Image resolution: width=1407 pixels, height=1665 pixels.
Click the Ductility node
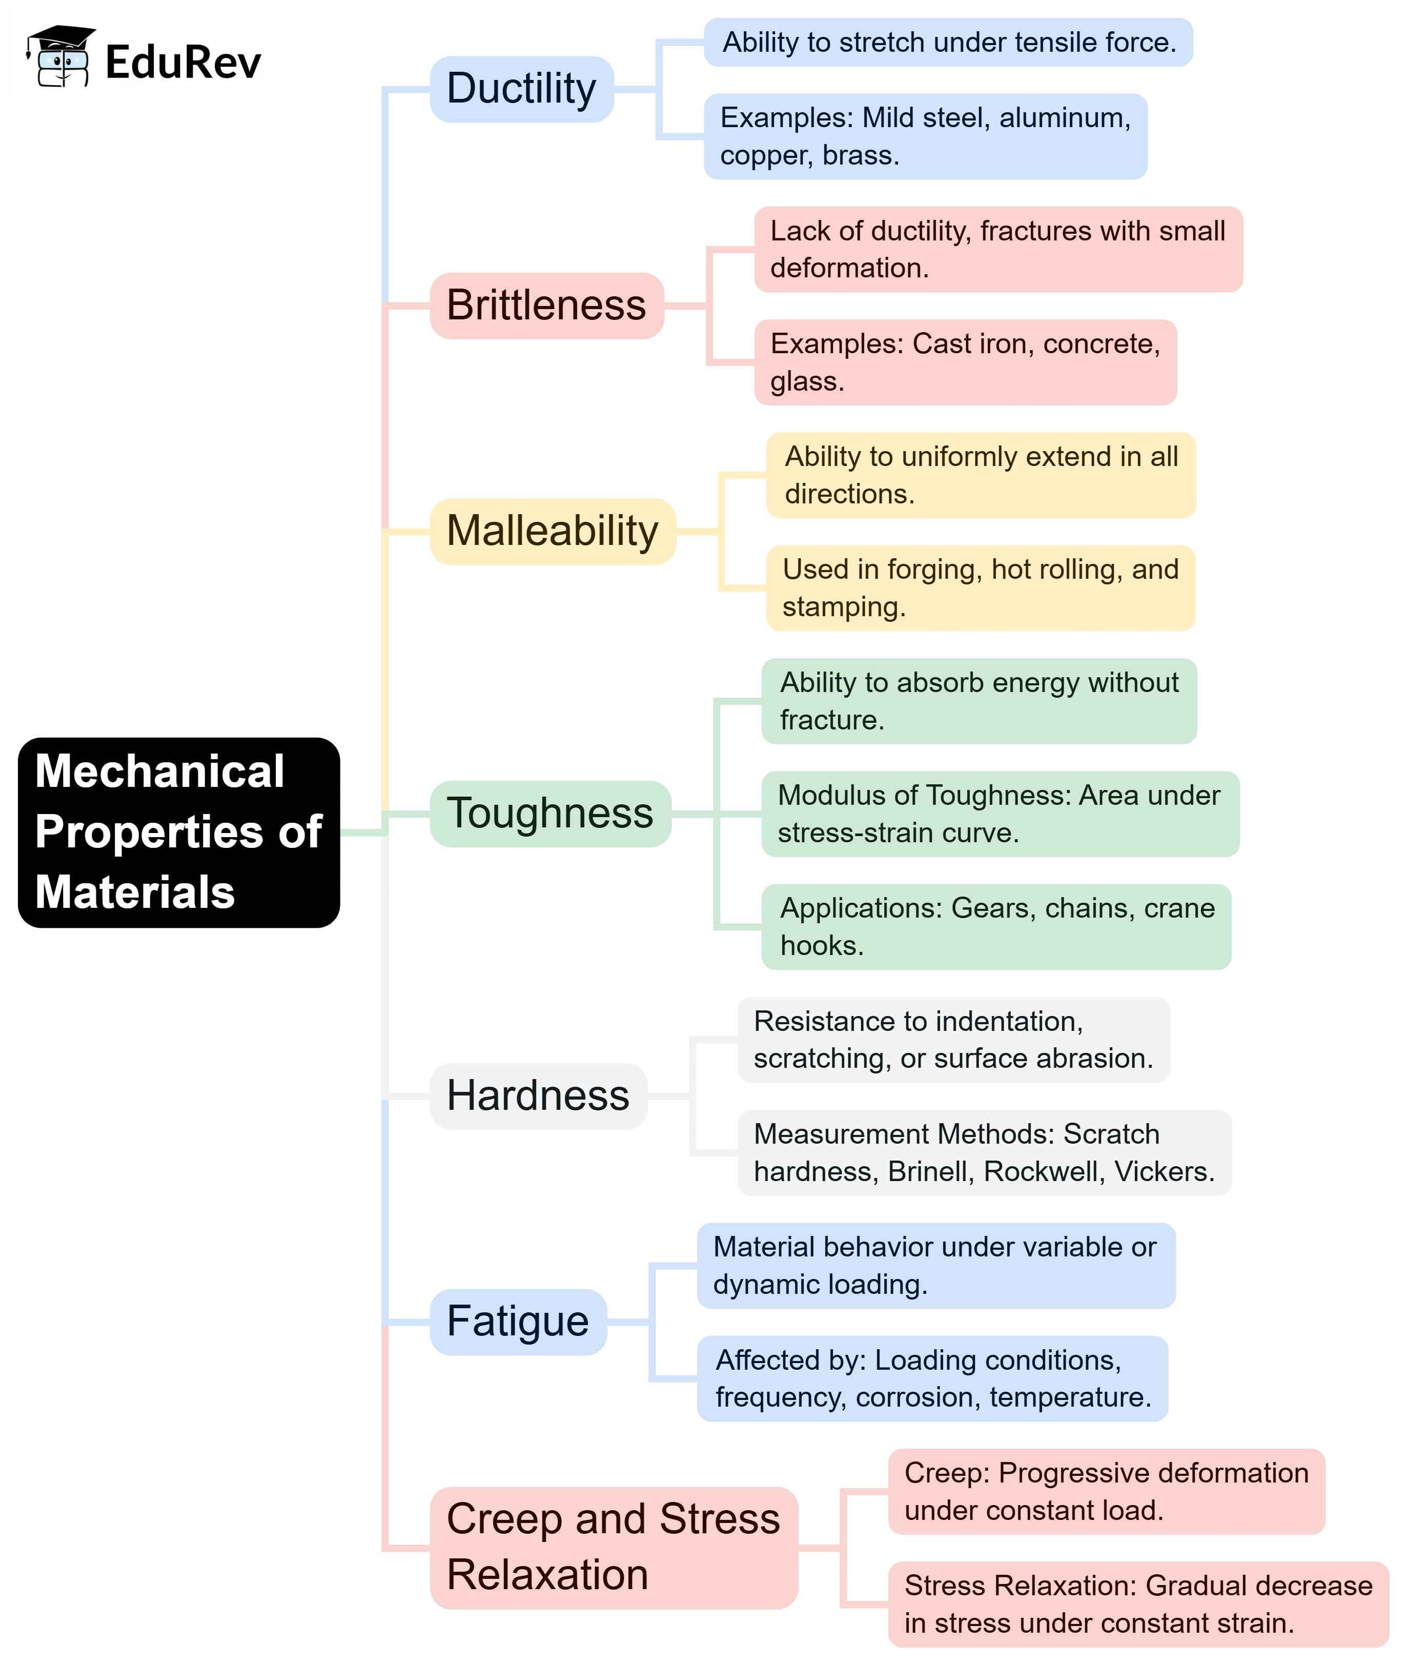pos(522,89)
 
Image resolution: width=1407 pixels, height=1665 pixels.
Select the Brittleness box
pos(546,306)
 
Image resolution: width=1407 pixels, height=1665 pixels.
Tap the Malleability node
pos(552,531)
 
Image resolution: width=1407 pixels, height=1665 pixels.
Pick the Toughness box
pos(549,814)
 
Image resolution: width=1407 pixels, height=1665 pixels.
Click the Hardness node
pos(538,1095)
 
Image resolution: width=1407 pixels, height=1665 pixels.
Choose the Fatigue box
pos(518,1321)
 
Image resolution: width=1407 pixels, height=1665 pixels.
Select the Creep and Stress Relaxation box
pos(613,1547)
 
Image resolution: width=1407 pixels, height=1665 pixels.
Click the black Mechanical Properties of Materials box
pos(179,831)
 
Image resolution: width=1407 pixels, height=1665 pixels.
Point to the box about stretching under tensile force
pos(948,42)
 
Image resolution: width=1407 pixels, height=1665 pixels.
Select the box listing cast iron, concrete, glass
pos(965,362)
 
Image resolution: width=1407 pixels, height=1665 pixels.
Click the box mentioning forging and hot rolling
pos(980,588)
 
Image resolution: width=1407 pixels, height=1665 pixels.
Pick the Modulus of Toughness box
pos(1000,814)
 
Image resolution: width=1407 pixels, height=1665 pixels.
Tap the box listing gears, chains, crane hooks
pos(995,926)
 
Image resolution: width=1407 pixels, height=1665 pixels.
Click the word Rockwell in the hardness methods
pos(1041,1171)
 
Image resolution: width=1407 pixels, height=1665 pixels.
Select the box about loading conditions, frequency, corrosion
pos(932,1378)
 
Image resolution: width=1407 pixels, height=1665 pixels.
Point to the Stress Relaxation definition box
pos(1138,1603)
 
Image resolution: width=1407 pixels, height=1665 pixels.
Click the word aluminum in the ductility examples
pos(1064,118)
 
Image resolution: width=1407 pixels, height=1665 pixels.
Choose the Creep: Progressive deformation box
pos(1106,1491)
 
